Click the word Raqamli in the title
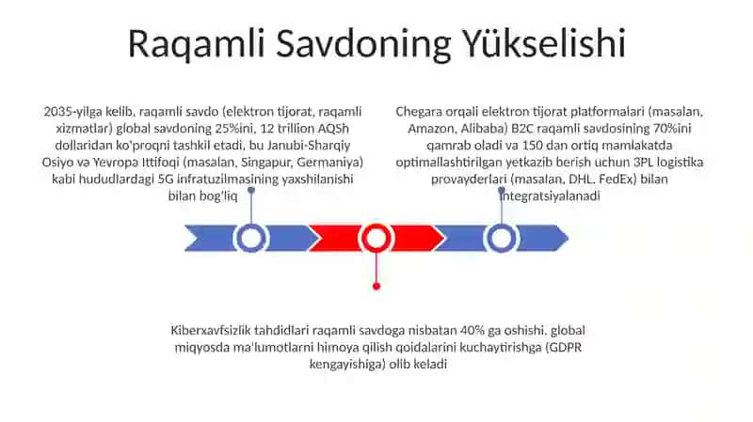pyautogui.click(x=197, y=44)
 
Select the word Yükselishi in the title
pyautogui.click(x=544, y=43)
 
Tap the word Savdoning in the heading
pyautogui.click(x=363, y=44)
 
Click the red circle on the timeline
pyautogui.click(x=376, y=238)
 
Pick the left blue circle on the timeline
pyautogui.click(x=250, y=238)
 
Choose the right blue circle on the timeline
pyautogui.click(x=502, y=238)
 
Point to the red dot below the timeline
pyautogui.click(x=376, y=287)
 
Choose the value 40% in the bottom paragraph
pyautogui.click(x=473, y=331)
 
